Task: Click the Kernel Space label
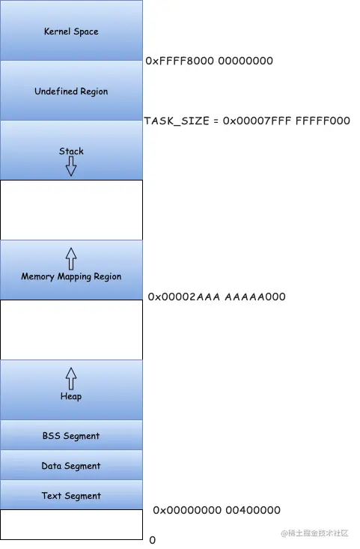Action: pyautogui.click(x=71, y=31)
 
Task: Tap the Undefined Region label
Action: pyautogui.click(x=71, y=91)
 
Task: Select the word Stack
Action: pyautogui.click(x=71, y=151)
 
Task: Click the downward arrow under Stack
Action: pyautogui.click(x=71, y=166)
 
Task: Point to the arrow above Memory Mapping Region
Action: pyautogui.click(x=71, y=258)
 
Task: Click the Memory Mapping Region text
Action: pyautogui.click(x=71, y=276)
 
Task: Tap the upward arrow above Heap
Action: pyautogui.click(x=71, y=378)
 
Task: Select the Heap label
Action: pyautogui.click(x=71, y=396)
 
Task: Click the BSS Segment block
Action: pyautogui.click(x=71, y=435)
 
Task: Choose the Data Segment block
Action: pyautogui.click(x=71, y=465)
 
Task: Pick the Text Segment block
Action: pyautogui.click(x=71, y=495)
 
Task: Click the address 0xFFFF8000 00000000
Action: pyautogui.click(x=210, y=61)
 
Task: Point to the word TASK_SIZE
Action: pyautogui.click(x=177, y=121)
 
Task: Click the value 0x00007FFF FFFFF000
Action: pyautogui.click(x=287, y=121)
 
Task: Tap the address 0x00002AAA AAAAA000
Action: pyautogui.click(x=216, y=297)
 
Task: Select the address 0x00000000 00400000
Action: pyautogui.click(x=216, y=510)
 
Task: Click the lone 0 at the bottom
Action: pyautogui.click(x=152, y=540)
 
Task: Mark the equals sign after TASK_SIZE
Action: pyautogui.click(x=216, y=121)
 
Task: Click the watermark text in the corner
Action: pyautogui.click(x=314, y=533)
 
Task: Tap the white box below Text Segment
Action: pyautogui.click(x=71, y=524)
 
